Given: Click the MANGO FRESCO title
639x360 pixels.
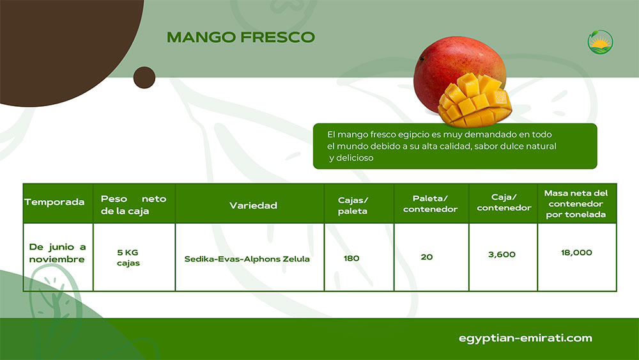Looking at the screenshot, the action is tap(241, 37).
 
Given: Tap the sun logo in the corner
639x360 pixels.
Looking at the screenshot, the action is tap(600, 42).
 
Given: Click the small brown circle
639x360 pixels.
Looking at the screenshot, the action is tap(144, 77).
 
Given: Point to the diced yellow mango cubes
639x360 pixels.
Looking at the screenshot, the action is tap(475, 100).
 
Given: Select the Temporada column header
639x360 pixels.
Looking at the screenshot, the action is tap(54, 202).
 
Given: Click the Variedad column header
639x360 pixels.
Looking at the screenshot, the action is tap(253, 205).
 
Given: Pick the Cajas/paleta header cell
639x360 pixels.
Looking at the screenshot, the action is tap(353, 205).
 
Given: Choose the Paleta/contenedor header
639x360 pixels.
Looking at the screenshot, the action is tap(430, 204).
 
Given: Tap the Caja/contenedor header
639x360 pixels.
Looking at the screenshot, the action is tap(504, 203).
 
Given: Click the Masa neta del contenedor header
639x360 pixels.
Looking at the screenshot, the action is tap(576, 203).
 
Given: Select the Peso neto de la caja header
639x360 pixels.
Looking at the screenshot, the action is tap(134, 205).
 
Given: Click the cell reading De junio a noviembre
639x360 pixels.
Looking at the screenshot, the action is tap(58, 253).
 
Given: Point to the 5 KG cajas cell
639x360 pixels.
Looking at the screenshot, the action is tap(128, 258).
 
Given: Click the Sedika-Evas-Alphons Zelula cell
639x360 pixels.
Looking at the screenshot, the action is tap(247, 259).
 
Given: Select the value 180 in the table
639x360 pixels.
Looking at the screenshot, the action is tap(351, 258).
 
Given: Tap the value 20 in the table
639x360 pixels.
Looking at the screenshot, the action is tap(427, 257).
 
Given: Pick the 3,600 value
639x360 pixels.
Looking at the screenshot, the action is tap(502, 254).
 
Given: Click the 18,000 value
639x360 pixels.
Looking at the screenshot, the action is tap(576, 253).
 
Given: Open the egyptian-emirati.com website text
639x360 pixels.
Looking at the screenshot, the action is tap(525, 338).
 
